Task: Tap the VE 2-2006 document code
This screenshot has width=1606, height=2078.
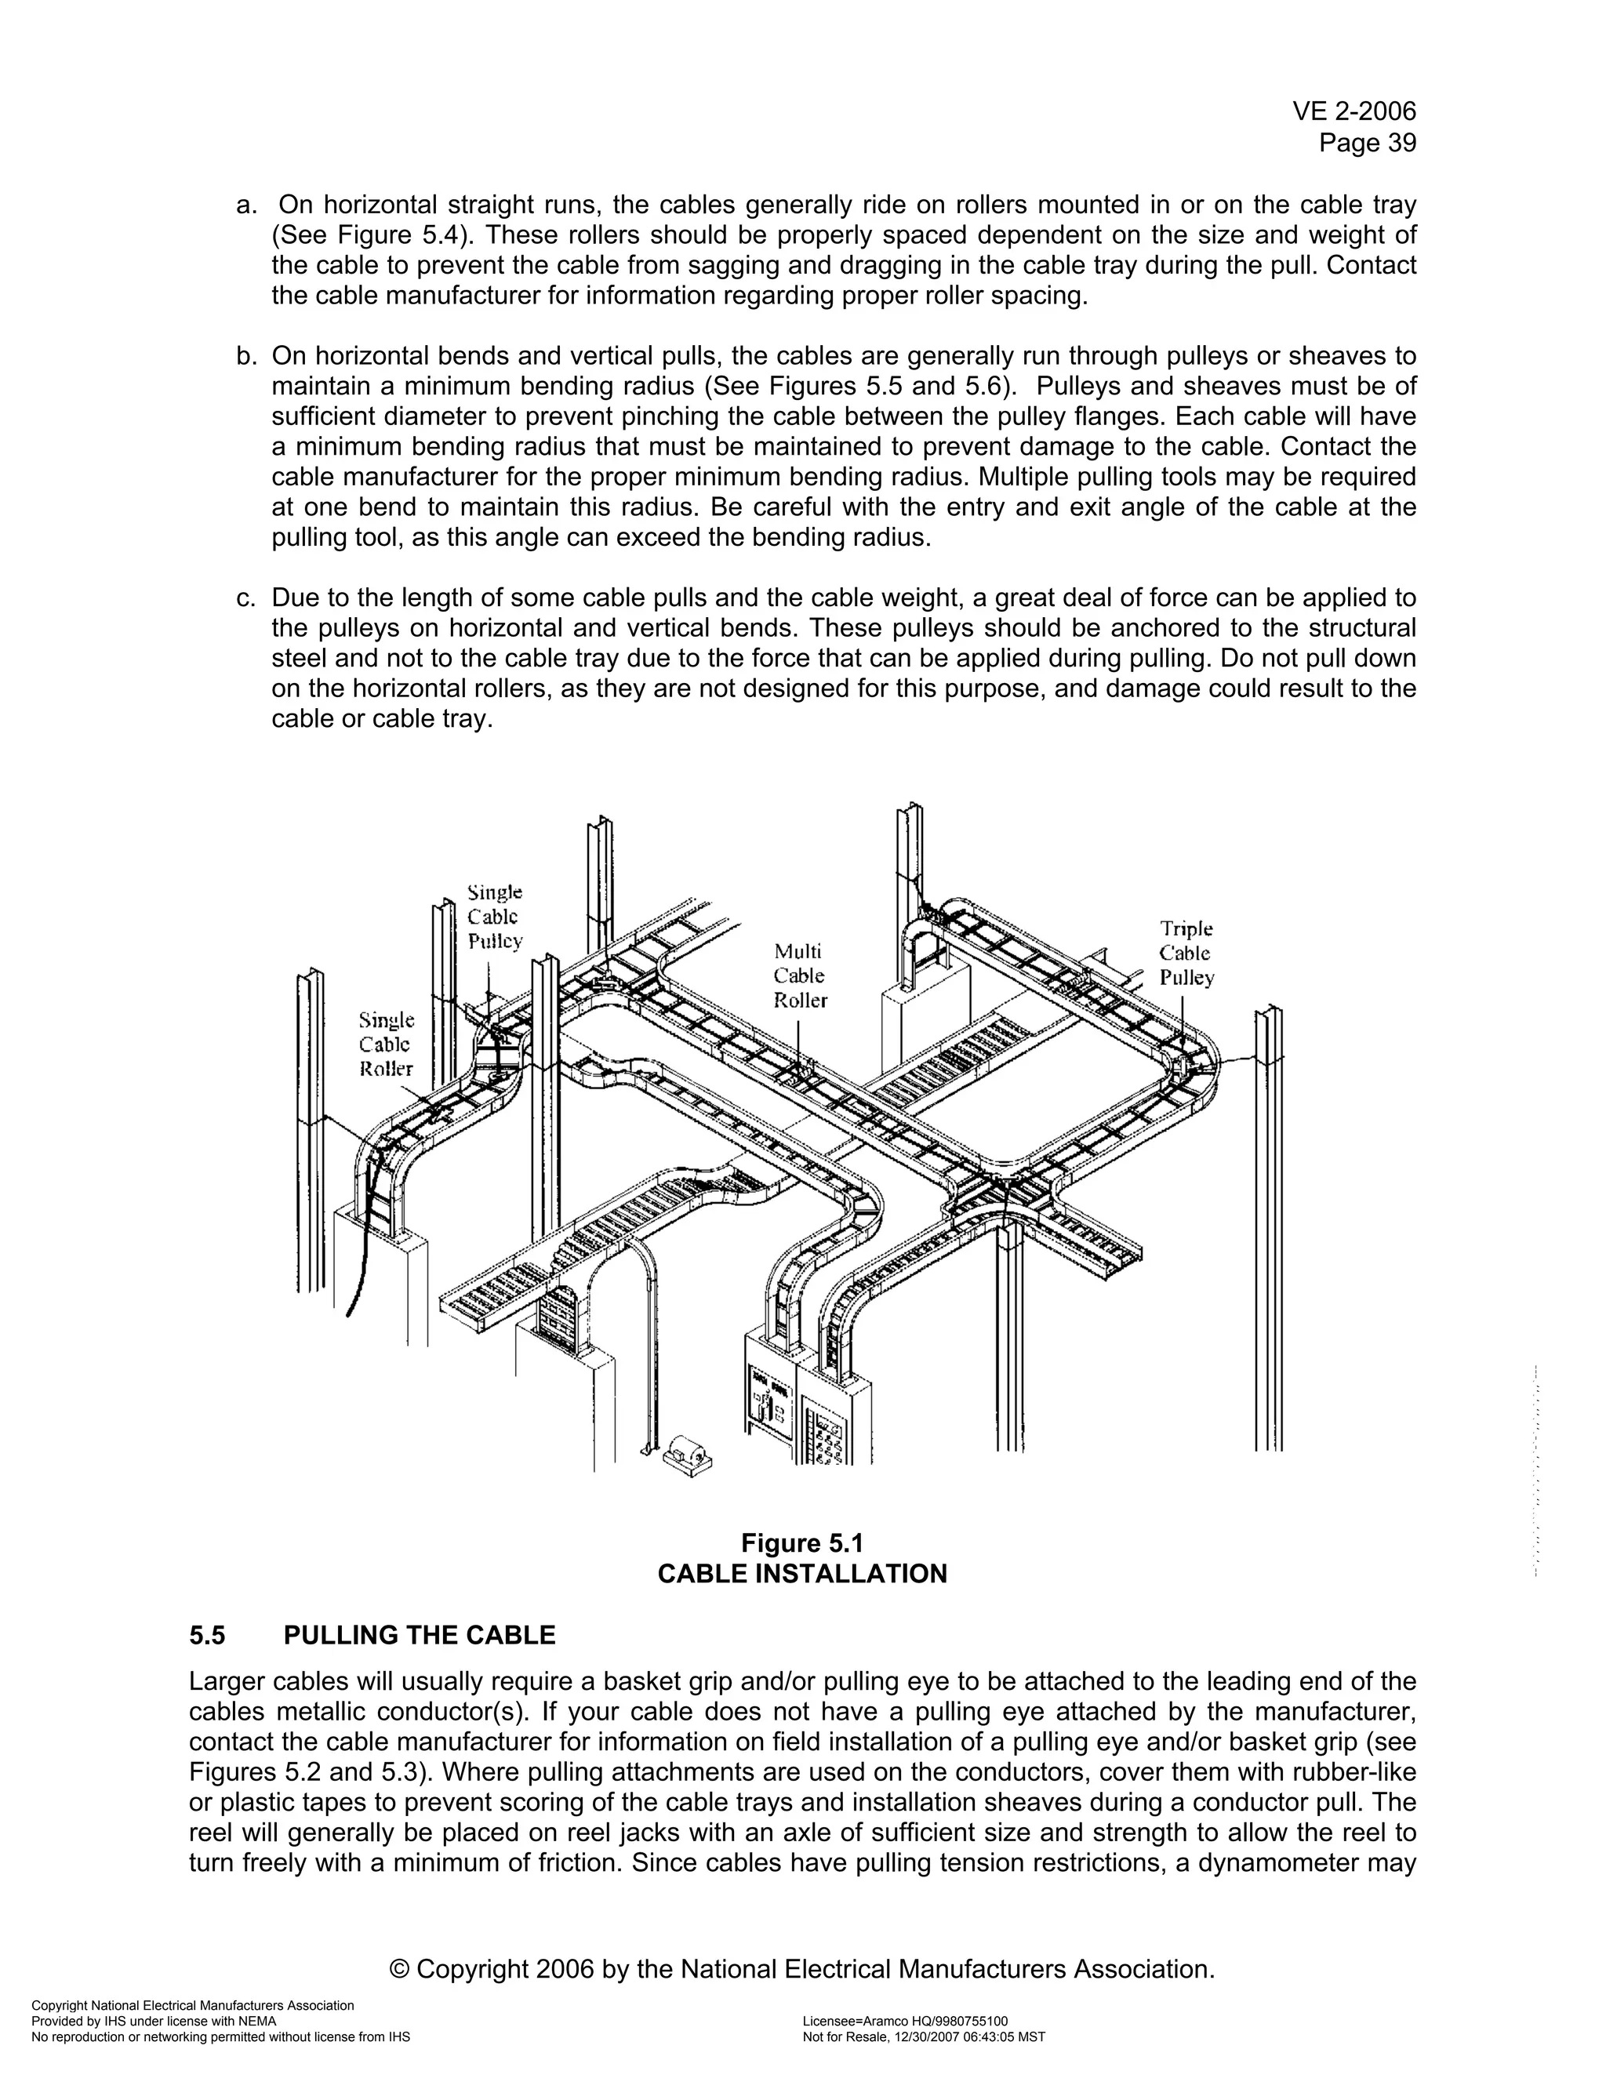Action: [1353, 112]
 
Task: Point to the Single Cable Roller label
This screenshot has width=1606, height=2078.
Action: [387, 1044]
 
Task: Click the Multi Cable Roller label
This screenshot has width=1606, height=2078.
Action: [799, 976]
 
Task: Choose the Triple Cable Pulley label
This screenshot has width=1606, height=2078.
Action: [1186, 954]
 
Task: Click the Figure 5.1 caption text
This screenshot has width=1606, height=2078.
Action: [802, 1542]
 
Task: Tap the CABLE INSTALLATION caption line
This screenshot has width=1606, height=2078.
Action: [802, 1574]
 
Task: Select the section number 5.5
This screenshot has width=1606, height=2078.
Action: [207, 1636]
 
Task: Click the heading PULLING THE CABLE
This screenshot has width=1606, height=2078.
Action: [420, 1636]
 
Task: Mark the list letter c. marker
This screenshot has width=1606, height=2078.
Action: [246, 598]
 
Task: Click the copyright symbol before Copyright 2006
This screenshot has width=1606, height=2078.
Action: [401, 1968]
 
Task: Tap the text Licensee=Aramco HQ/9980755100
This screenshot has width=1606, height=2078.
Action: [905, 2021]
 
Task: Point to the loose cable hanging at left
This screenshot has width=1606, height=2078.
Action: [360, 1256]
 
